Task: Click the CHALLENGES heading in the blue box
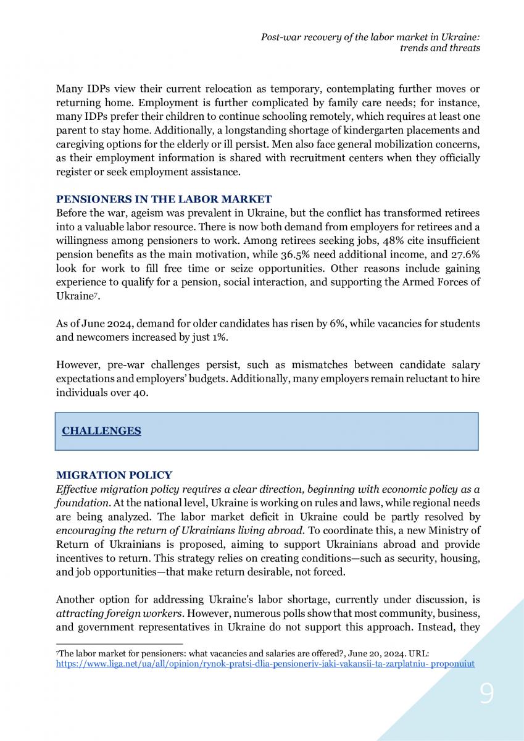click(101, 431)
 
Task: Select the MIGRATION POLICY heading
click(114, 475)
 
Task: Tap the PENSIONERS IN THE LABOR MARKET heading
click(164, 199)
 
